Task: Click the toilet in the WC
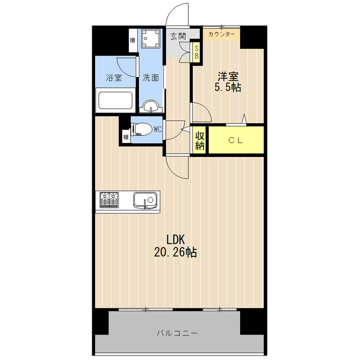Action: pos(141,130)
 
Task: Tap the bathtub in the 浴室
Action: pos(115,101)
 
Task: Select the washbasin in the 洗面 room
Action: pos(151,106)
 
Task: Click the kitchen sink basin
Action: pos(146,200)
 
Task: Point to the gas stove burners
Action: pos(109,200)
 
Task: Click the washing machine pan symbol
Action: pos(150,38)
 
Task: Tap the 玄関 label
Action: pos(178,36)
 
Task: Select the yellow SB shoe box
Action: pos(196,52)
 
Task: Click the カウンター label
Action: pos(222,34)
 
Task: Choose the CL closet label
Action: pos(236,140)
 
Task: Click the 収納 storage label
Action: pos(200,141)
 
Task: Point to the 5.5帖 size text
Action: pos(228,87)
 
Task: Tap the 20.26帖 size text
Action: pos(175,253)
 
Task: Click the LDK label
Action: pos(175,240)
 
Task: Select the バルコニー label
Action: pos(177,333)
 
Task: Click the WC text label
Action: pos(157,130)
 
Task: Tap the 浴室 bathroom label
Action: pos(114,78)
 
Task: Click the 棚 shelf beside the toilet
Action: pos(126,137)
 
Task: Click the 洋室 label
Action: pos(228,76)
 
